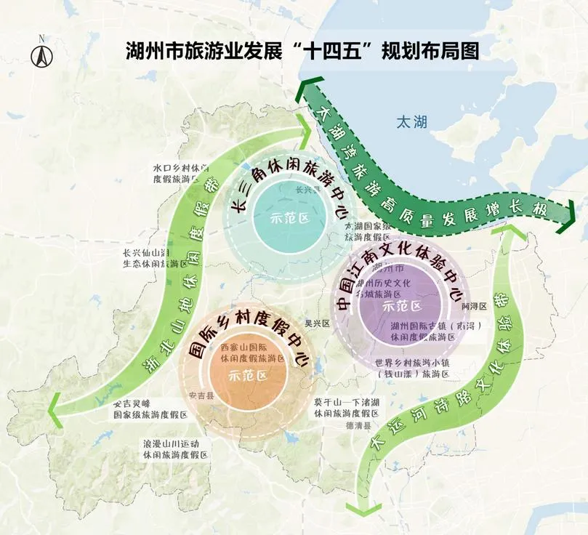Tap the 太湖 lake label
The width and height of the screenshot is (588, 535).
[411, 123]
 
